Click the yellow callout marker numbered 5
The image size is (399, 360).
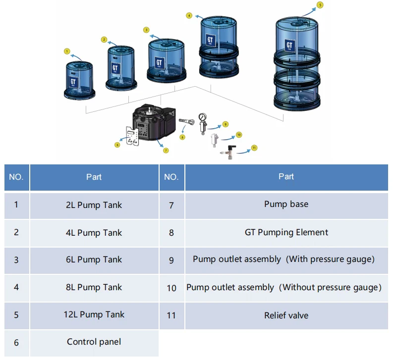click(320, 5)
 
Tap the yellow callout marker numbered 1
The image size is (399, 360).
click(67, 51)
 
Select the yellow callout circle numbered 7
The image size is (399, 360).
click(166, 150)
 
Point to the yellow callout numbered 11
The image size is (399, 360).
click(254, 148)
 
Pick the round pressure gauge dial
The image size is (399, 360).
click(202, 118)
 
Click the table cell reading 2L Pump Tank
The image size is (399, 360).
click(94, 205)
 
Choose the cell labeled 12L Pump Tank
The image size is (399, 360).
click(94, 314)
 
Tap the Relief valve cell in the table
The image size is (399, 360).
click(286, 315)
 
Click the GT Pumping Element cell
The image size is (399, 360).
click(286, 232)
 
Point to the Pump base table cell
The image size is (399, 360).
click(286, 204)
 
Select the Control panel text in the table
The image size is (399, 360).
click(94, 342)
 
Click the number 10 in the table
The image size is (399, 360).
click(171, 288)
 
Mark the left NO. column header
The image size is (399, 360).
click(16, 177)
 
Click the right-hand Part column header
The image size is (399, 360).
click(286, 176)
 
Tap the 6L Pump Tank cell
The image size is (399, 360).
click(94, 259)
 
